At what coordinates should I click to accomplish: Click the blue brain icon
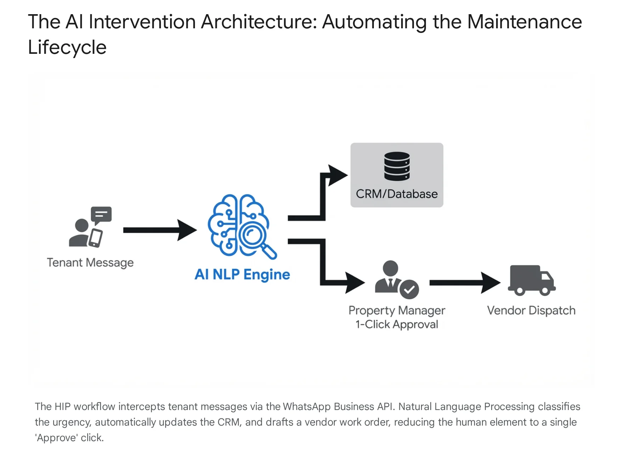(238, 225)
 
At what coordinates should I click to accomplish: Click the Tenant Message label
(90, 263)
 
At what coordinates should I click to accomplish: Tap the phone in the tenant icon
(95, 238)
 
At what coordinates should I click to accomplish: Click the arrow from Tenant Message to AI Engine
(160, 230)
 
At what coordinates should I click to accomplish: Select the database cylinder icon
(397, 166)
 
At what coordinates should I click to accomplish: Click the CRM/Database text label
(397, 194)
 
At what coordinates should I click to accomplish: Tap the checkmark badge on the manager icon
(409, 290)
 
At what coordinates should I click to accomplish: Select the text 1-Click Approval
(397, 324)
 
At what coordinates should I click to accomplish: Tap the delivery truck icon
(532, 280)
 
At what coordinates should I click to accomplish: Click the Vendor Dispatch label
(531, 311)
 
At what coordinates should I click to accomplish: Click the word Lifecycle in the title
(67, 47)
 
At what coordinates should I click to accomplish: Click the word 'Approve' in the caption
(56, 438)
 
